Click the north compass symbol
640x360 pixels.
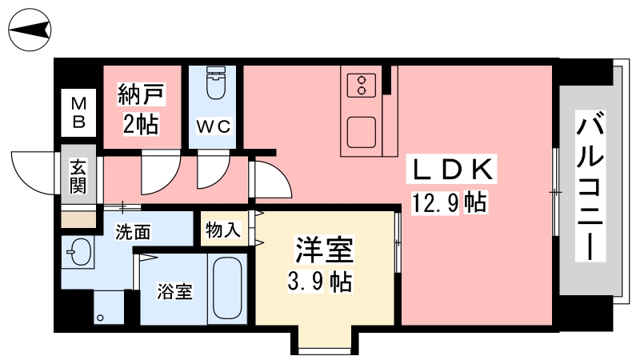pos(30,30)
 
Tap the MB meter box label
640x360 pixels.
pos(78,113)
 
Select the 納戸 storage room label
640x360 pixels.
pos(142,94)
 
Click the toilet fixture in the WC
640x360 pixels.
pos(215,83)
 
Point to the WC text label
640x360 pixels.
pos(214,126)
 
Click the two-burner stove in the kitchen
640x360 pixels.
pos(362,86)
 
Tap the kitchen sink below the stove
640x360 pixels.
pos(362,132)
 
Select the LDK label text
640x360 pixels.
pos(452,170)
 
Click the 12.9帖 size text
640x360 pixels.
pos(449,202)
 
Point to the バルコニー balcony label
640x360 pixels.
pos(590,186)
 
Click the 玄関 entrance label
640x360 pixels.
pos(78,176)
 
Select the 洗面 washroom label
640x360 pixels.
pos(133,232)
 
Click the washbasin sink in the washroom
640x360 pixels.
pos(78,251)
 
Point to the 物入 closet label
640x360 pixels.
pos(223,230)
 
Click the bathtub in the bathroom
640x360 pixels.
pos(227,288)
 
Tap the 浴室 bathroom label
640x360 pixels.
pos(175,291)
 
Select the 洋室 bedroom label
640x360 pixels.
pos(324,250)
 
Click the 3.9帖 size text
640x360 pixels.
pos(319,282)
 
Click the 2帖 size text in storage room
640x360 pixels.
pos(141,124)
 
